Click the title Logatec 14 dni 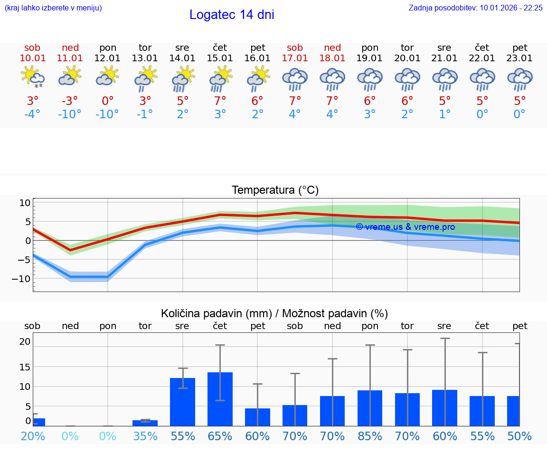[x=232, y=15]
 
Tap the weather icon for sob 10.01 [x=32, y=78]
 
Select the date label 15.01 [x=220, y=58]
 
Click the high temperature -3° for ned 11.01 [x=70, y=101]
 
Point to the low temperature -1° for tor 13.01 [x=145, y=114]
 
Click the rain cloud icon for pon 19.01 [x=370, y=79]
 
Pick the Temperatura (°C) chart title [x=275, y=190]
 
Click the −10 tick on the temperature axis [x=21, y=278]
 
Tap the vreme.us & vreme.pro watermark [x=405, y=227]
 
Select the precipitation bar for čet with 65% [x=220, y=399]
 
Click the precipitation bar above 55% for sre [x=182, y=402]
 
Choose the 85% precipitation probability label [x=370, y=436]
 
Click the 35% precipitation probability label [x=145, y=436]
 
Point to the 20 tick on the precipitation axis [x=25, y=341]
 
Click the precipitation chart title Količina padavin [x=274, y=313]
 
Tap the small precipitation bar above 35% [x=145, y=423]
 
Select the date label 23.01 [x=519, y=58]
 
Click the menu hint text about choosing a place [x=53, y=8]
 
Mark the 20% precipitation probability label [x=32, y=436]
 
